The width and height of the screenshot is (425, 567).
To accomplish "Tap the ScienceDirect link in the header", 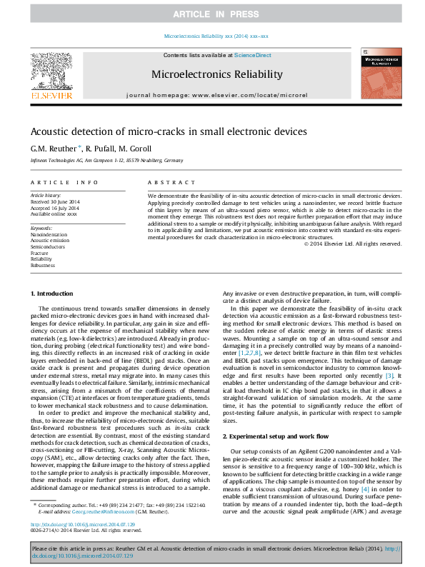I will pyautogui.click(x=251, y=55).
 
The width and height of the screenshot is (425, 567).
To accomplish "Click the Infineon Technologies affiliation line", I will pyautogui.click(x=106, y=161).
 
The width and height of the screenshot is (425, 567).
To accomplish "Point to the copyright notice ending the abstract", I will pyautogui.click(x=352, y=244).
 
